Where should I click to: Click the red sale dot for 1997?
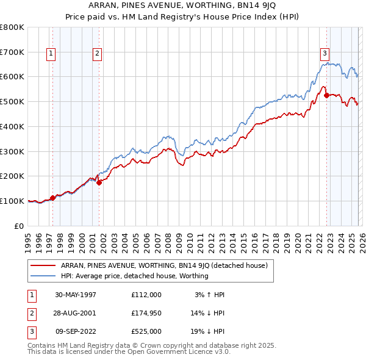53,197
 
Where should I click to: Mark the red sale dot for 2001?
99,182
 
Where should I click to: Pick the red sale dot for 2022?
327,95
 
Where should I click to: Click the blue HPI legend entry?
134,276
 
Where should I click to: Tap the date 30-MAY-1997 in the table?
76,294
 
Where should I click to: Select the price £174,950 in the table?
146,312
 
